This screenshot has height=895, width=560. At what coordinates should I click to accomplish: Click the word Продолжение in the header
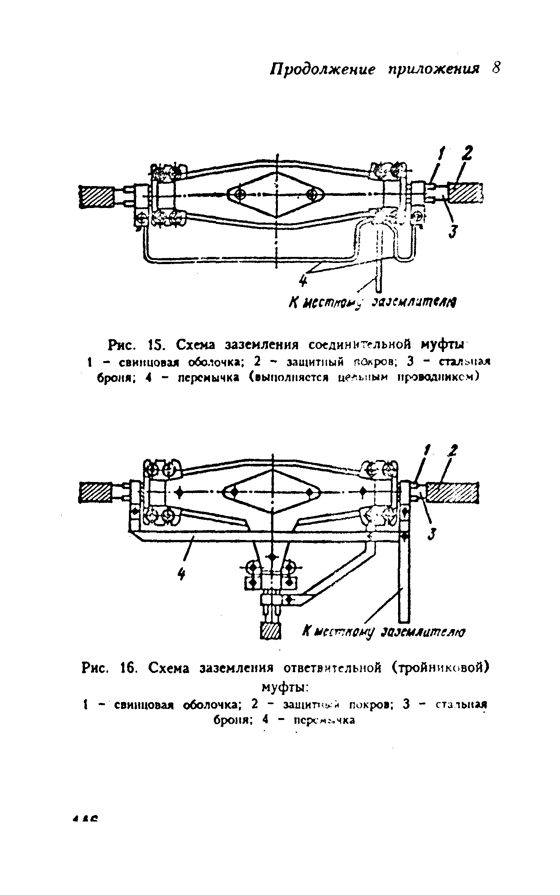click(x=322, y=69)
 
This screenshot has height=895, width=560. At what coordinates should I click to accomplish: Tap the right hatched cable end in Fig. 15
click(x=465, y=192)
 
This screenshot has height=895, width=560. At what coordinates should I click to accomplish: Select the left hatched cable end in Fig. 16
click(x=95, y=492)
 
